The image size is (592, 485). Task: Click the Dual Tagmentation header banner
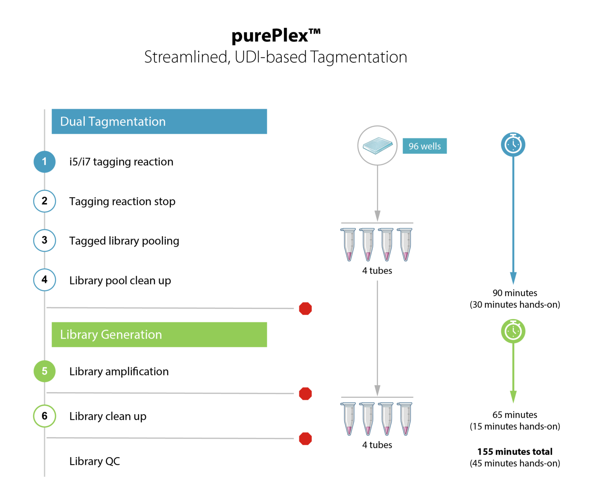pyautogui.click(x=159, y=121)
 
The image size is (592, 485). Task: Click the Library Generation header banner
pyautogui.click(x=159, y=334)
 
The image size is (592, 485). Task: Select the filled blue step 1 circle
pyautogui.click(x=45, y=162)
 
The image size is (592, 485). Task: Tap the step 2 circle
pyautogui.click(x=45, y=201)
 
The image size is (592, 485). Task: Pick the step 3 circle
pyautogui.click(x=45, y=240)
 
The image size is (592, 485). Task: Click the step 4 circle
pyautogui.click(x=45, y=280)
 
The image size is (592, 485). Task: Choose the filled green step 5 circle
pyautogui.click(x=45, y=371)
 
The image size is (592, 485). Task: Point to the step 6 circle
pyautogui.click(x=45, y=416)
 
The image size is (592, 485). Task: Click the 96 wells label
pyautogui.click(x=424, y=146)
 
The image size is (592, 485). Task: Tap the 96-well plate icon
pyautogui.click(x=377, y=146)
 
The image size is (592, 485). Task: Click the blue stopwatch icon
pyautogui.click(x=513, y=144)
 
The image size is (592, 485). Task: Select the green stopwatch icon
pyautogui.click(x=513, y=331)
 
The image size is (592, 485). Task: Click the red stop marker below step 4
pyautogui.click(x=305, y=309)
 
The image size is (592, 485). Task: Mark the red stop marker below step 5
pyautogui.click(x=305, y=394)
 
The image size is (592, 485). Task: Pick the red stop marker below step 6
pyautogui.click(x=305, y=439)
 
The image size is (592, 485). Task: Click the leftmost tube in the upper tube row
pyautogui.click(x=349, y=244)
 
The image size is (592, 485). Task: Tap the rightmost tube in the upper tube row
pyautogui.click(x=405, y=244)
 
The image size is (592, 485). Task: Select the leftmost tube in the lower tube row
pyautogui.click(x=349, y=419)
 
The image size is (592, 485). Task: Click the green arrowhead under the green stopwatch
pyautogui.click(x=513, y=397)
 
